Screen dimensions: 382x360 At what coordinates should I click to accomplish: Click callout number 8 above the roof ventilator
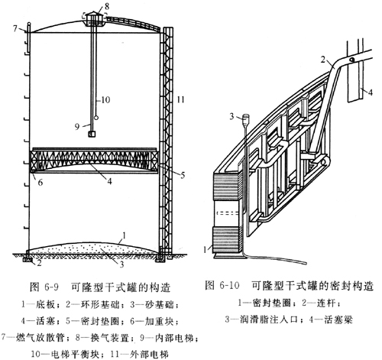(100, 6)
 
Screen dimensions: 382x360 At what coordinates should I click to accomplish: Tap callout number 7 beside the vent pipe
(16, 28)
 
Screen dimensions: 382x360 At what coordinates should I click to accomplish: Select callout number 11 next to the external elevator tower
(180, 99)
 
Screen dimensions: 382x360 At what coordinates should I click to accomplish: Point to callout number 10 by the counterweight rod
(105, 99)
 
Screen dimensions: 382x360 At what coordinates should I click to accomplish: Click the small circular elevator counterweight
(96, 118)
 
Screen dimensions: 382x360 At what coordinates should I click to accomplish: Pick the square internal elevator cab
(92, 134)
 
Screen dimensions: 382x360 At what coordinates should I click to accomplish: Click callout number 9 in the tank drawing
(77, 127)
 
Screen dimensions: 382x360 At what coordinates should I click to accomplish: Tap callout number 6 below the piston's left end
(40, 183)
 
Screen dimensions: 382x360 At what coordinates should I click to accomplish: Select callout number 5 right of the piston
(183, 176)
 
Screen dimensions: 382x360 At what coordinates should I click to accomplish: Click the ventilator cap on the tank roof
(93, 18)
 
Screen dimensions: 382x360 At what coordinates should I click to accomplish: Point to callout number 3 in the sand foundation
(121, 264)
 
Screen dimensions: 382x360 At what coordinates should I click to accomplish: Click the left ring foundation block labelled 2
(28, 260)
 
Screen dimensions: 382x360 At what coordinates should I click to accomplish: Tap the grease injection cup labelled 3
(246, 119)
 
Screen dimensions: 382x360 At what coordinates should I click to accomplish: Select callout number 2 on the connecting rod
(323, 60)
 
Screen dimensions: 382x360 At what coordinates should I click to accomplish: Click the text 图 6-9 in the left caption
(44, 287)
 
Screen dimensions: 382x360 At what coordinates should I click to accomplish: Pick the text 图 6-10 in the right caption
(222, 285)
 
